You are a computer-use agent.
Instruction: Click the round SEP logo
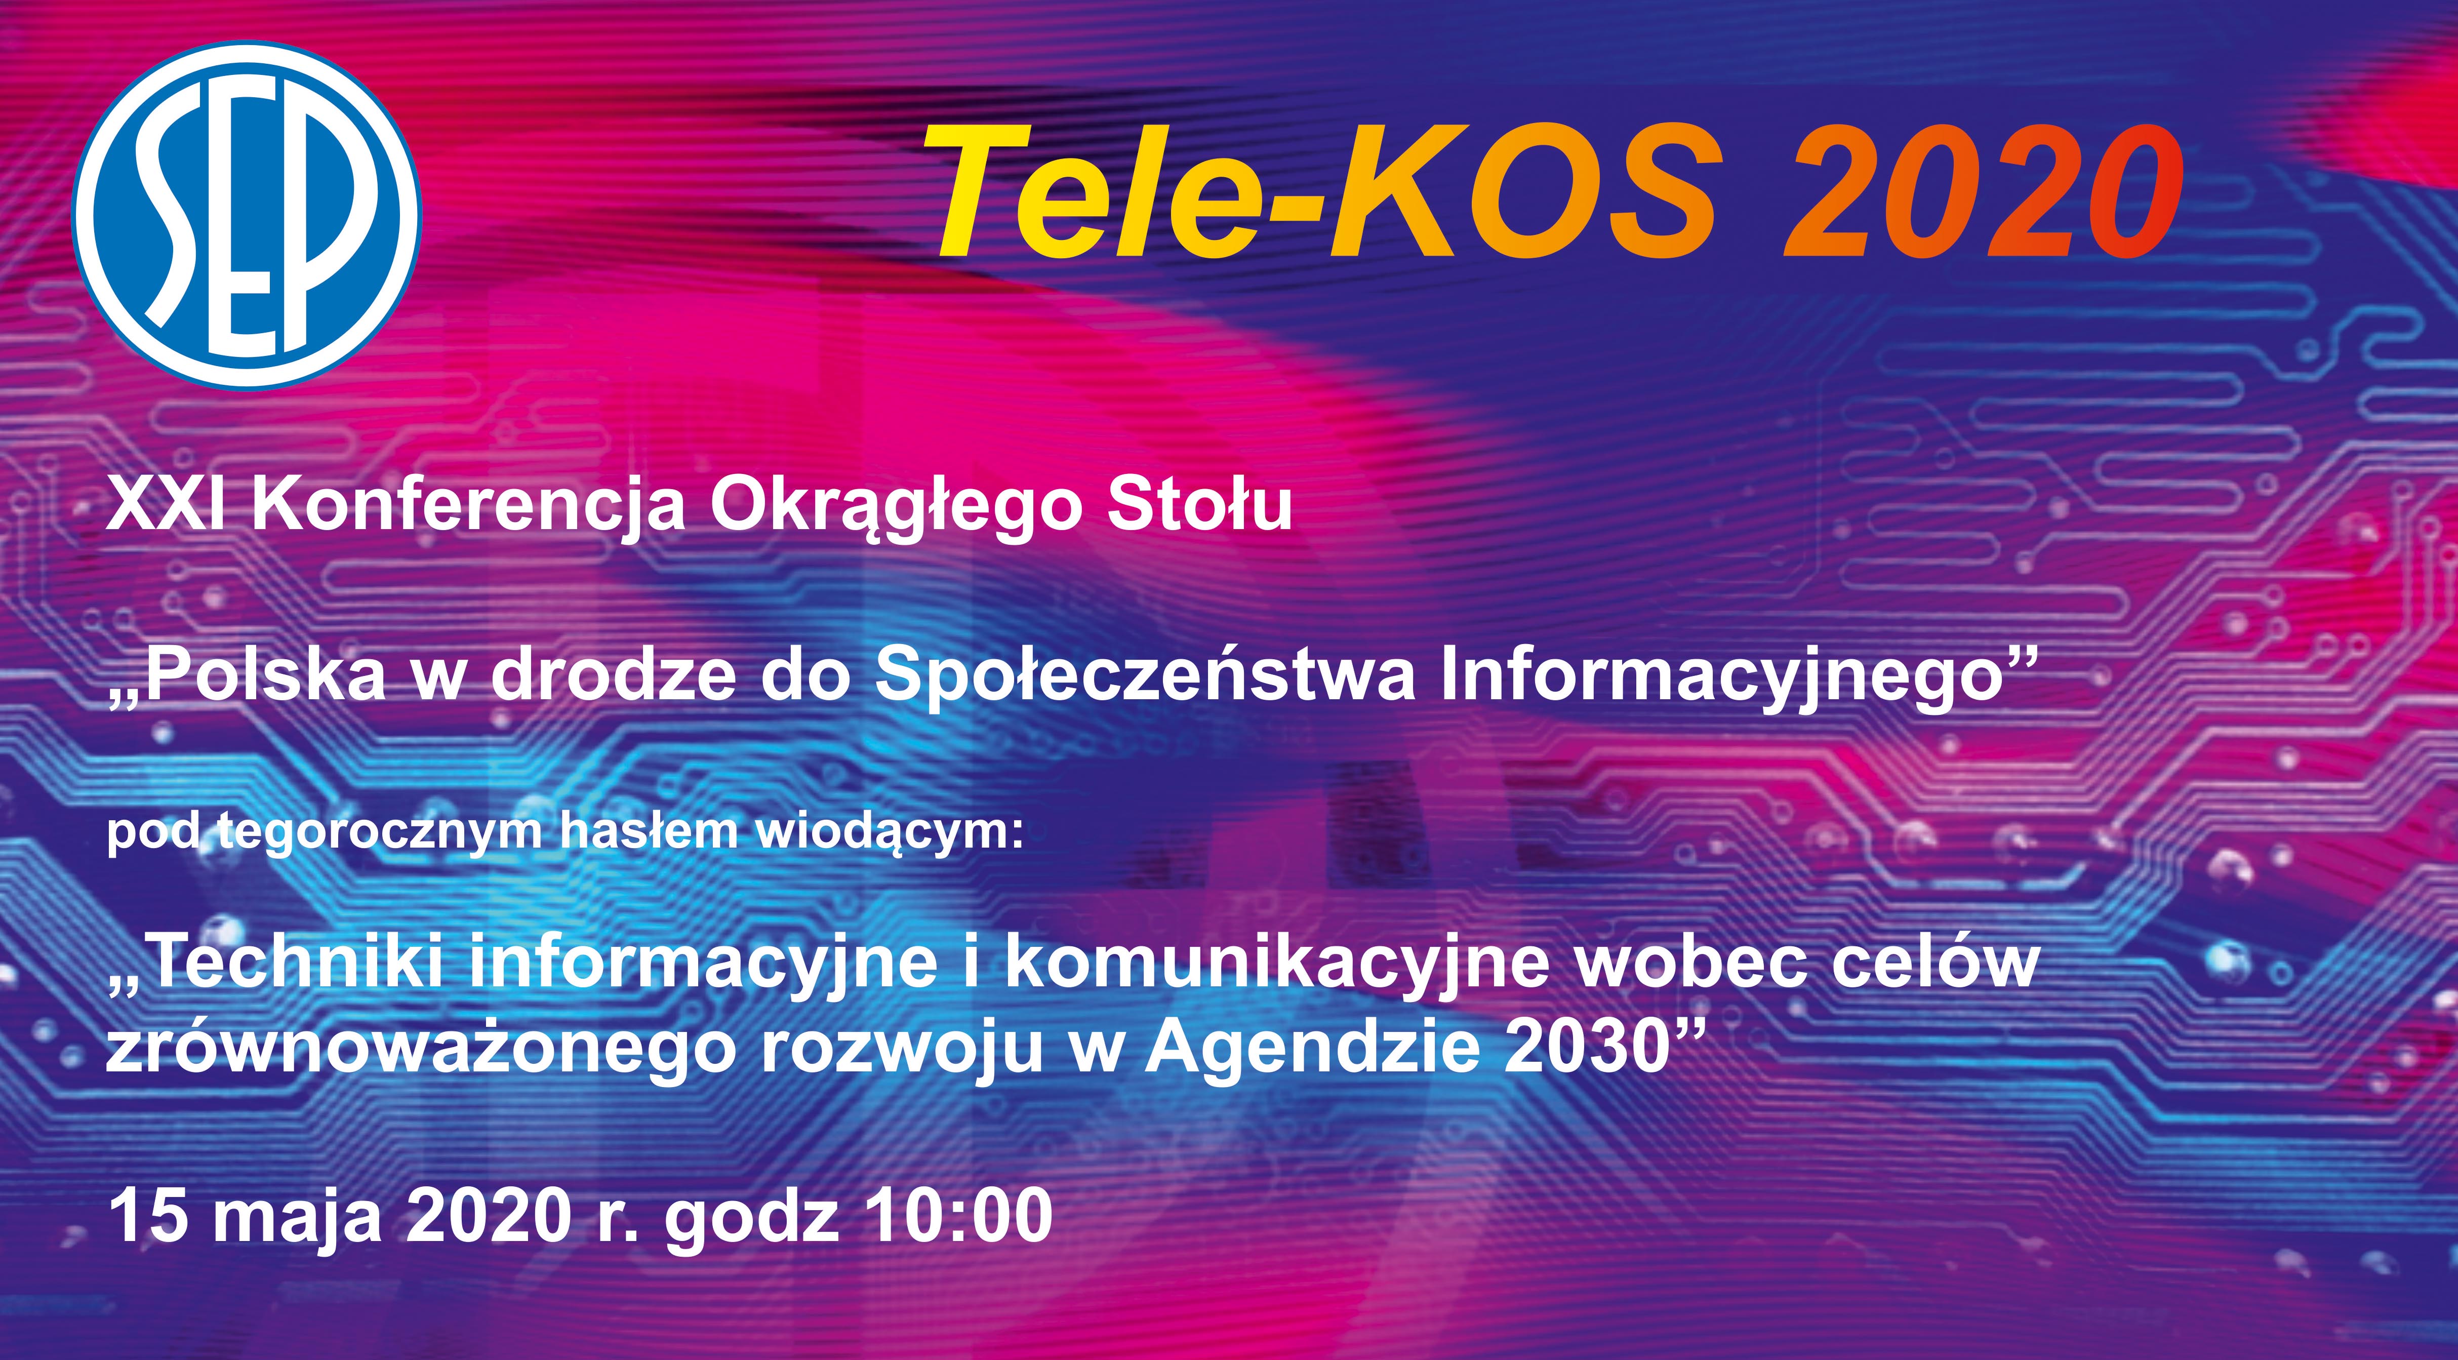tap(247, 216)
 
